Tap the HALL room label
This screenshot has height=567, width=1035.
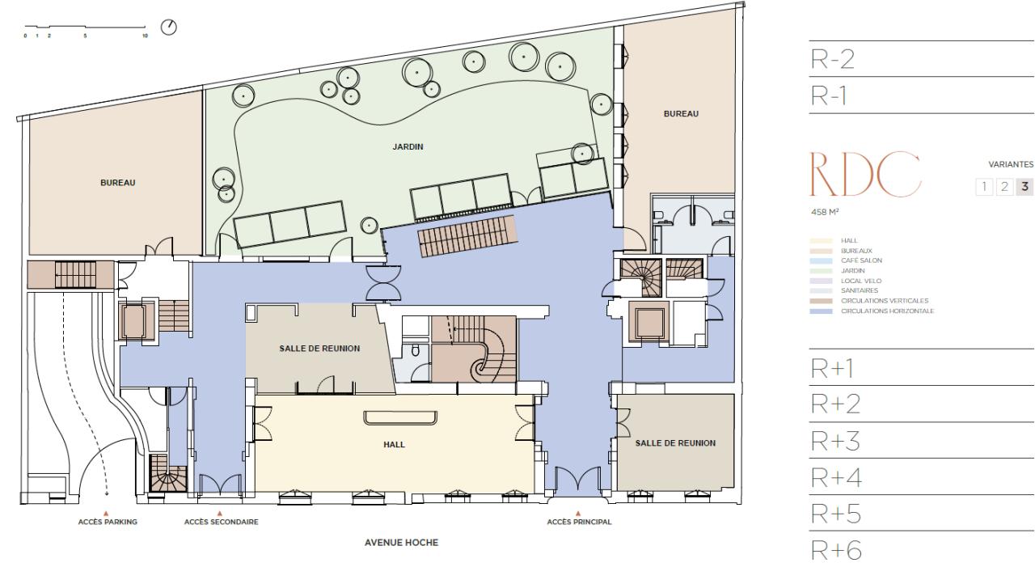tap(394, 444)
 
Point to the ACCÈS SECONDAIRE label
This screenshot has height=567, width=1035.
tap(221, 522)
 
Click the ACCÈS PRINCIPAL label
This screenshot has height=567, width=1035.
tap(579, 522)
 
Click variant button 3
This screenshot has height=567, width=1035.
tap(1024, 187)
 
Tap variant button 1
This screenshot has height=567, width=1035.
tap(984, 187)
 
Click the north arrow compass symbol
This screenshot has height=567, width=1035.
tap(168, 27)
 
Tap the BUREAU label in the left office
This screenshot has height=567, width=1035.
tap(118, 183)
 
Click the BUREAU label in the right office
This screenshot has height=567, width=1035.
tap(681, 114)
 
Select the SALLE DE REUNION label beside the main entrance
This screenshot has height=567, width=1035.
tap(675, 443)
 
